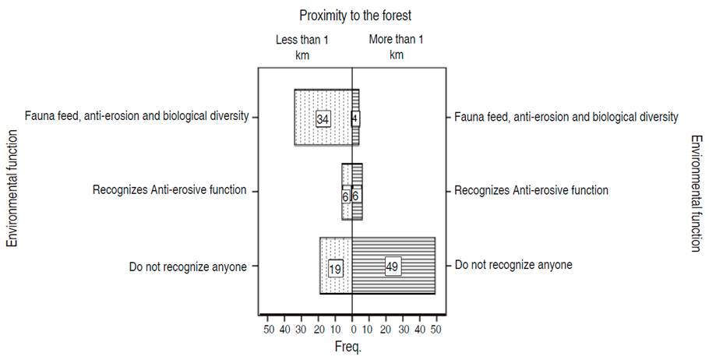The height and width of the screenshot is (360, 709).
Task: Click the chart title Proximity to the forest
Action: (x=354, y=15)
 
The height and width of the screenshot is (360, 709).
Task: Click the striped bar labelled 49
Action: (x=405, y=266)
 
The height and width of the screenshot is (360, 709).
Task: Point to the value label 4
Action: (x=356, y=118)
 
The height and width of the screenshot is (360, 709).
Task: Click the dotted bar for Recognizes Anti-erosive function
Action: (x=347, y=192)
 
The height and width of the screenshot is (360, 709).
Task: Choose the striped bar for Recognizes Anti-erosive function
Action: (x=358, y=192)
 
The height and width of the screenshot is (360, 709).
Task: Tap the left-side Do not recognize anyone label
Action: (x=188, y=266)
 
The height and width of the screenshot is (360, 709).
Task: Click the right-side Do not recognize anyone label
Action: (x=513, y=265)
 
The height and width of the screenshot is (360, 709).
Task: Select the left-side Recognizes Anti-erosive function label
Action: (x=169, y=190)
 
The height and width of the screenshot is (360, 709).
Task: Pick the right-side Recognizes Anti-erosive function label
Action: (x=531, y=190)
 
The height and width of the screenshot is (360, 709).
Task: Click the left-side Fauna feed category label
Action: (x=136, y=116)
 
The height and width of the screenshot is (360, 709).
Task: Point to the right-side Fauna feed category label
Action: (x=566, y=117)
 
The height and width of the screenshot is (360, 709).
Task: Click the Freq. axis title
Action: (x=348, y=347)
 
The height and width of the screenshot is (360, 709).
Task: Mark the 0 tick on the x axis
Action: (x=353, y=330)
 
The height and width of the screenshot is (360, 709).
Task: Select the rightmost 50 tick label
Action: (x=436, y=330)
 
